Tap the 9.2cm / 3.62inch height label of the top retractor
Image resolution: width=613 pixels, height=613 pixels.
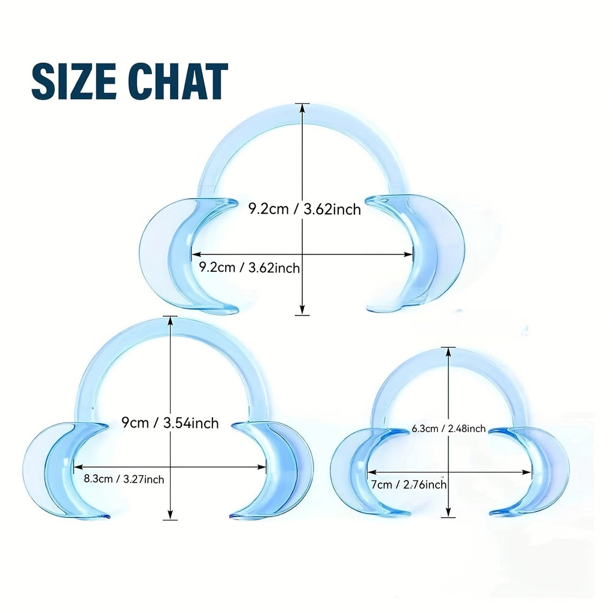[305, 209]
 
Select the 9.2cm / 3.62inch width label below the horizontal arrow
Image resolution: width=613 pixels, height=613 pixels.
[250, 268]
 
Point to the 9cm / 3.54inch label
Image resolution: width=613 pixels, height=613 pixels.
[170, 423]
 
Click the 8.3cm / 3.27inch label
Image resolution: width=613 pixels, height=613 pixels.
[124, 479]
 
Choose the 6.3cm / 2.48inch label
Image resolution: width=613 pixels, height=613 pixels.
[448, 429]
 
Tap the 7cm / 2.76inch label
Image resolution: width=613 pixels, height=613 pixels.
[408, 485]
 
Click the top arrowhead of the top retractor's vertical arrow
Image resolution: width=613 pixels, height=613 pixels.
[302, 108]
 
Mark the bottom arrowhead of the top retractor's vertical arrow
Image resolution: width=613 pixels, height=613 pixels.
[302, 311]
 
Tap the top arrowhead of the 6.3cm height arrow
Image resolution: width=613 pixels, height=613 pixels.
[448, 351]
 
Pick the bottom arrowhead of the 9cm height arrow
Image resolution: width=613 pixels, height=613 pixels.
[170, 515]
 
